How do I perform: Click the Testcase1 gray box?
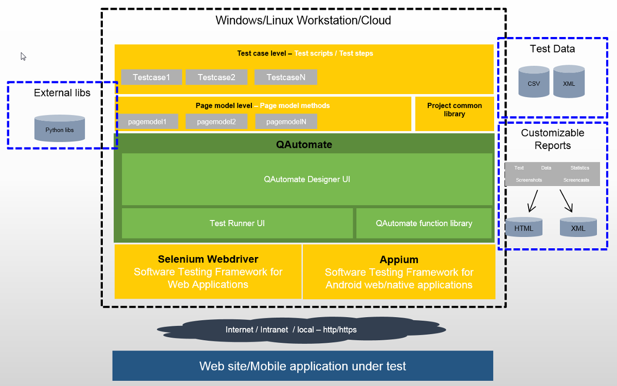coord(151,78)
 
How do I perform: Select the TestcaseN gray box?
coord(285,78)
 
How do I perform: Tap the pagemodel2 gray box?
coord(216,122)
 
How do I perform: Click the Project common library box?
coord(455,113)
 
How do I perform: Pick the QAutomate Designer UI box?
coord(307,179)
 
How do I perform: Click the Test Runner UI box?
coord(237,223)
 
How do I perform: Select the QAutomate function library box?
coord(424,223)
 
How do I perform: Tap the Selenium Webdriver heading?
coord(208,259)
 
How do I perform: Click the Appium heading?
coord(399,260)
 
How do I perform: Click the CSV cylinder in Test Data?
coord(534,82)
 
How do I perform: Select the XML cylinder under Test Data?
coord(569,82)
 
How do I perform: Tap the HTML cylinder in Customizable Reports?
coord(524,227)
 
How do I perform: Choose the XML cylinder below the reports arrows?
coord(578,227)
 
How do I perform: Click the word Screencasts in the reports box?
coord(576,180)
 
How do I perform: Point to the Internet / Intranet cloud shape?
coord(301,329)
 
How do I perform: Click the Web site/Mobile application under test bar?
coord(302,366)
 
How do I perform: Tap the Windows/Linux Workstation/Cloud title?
coord(303,21)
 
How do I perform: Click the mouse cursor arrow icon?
coord(23,57)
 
